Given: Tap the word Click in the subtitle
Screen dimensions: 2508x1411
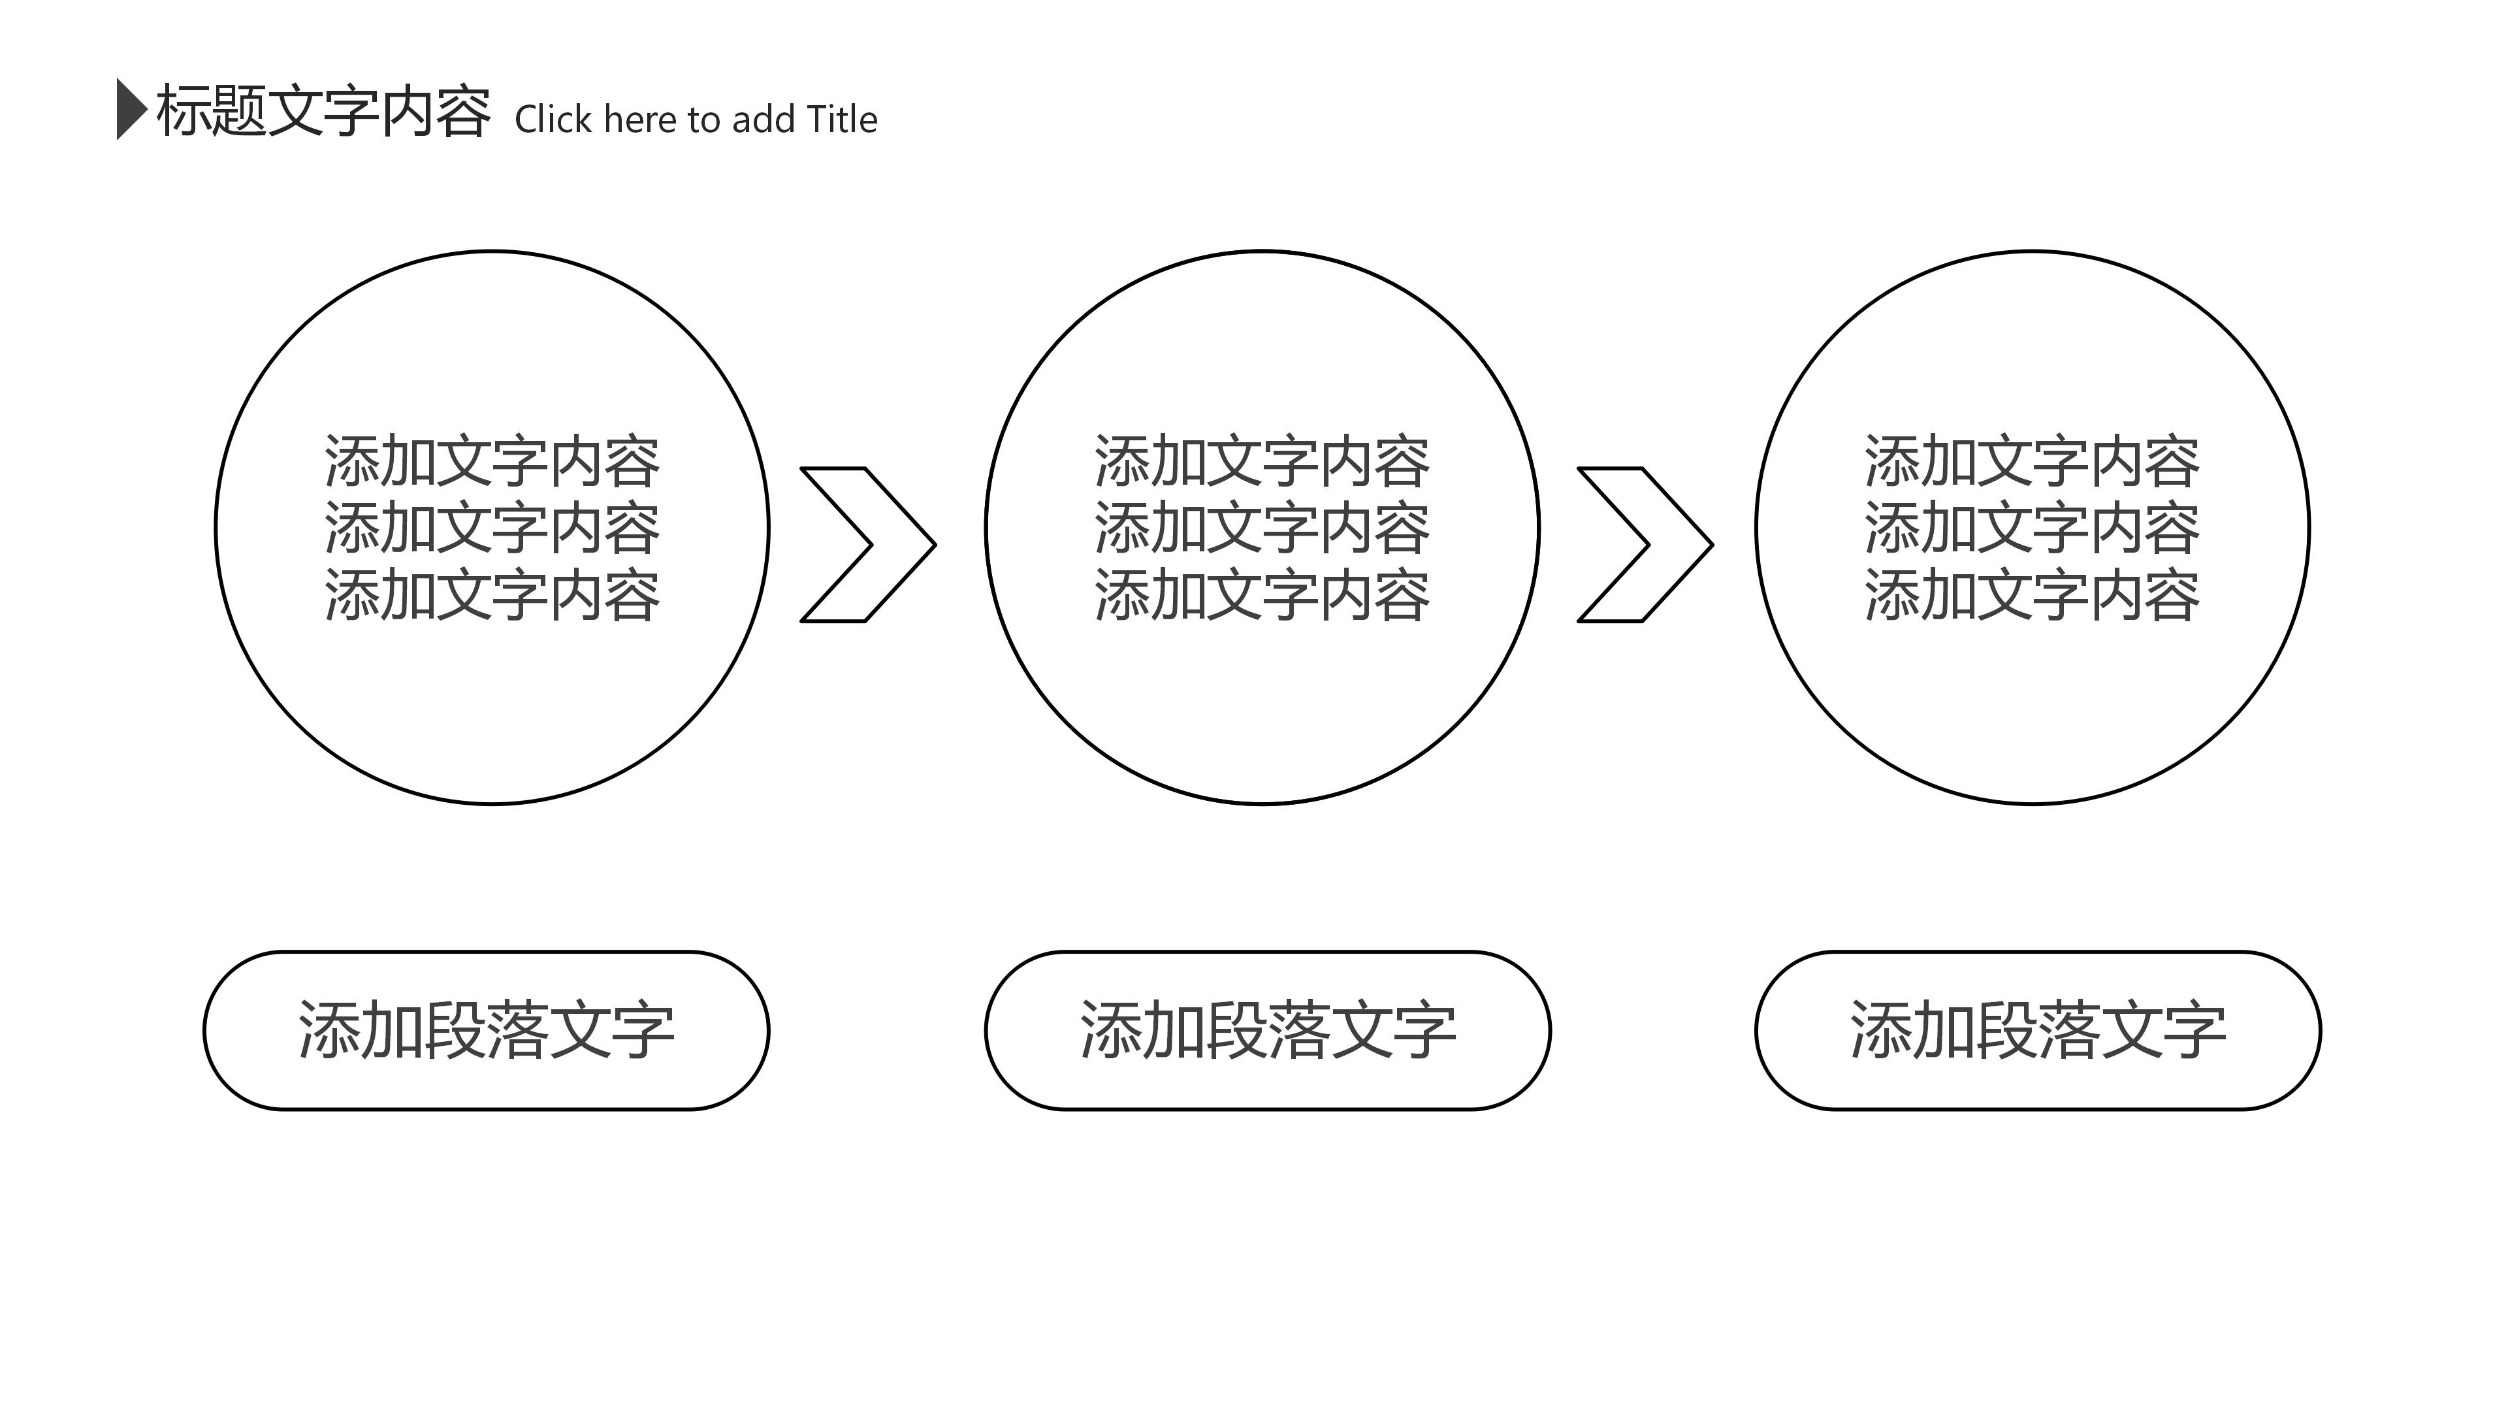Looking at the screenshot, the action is (x=553, y=120).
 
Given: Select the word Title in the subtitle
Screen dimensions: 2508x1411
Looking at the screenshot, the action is (x=842, y=120).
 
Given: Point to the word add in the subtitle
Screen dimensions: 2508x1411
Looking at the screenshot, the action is (x=764, y=120).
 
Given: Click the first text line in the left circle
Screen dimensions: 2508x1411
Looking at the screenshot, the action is (x=492, y=462).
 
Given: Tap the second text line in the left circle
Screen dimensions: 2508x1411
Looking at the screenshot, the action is (x=492, y=528).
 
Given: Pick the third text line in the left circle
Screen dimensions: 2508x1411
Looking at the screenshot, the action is (x=492, y=595).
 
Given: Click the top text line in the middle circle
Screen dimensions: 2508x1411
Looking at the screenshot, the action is (x=1262, y=462).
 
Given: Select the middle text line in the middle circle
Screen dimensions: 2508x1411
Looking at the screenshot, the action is (x=1262, y=528).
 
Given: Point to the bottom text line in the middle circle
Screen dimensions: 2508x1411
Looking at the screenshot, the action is (x=1262, y=595).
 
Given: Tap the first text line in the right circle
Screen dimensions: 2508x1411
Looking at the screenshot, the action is (x=2032, y=462).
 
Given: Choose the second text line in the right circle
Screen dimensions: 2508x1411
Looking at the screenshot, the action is (x=2032, y=528).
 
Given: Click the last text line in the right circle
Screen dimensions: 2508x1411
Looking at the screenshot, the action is (x=2032, y=595).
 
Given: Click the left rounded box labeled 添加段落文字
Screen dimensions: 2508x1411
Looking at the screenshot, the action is (x=486, y=1030).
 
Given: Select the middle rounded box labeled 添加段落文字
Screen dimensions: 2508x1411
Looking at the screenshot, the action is (x=1268, y=1030).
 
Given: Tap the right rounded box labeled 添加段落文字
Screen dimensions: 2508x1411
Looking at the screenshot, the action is (x=2038, y=1030).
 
